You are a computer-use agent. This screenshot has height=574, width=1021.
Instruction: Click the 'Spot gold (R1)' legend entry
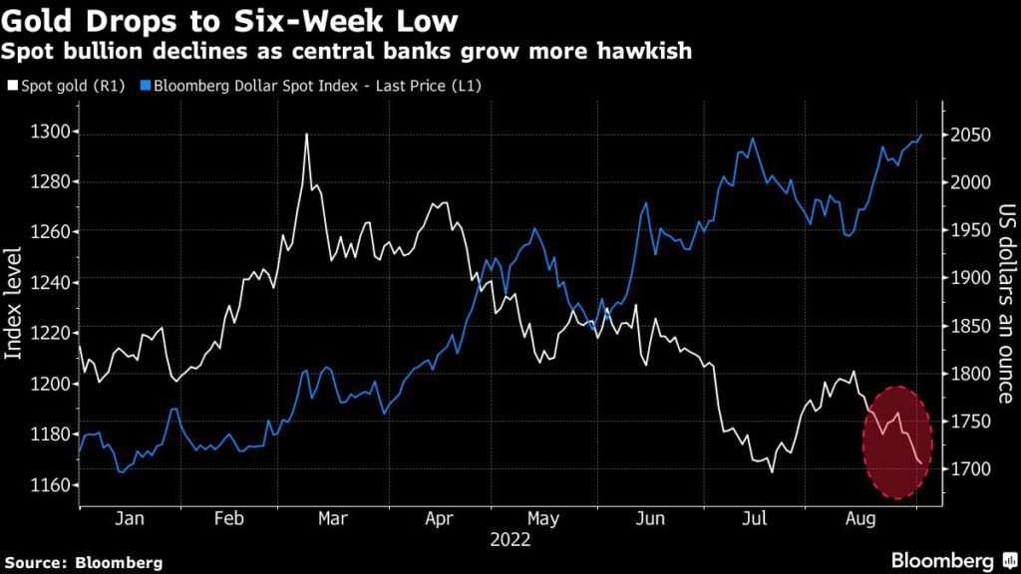tap(66, 87)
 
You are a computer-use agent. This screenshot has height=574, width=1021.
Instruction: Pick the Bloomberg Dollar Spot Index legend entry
tap(312, 87)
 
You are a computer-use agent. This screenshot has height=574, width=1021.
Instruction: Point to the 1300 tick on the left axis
tap(50, 133)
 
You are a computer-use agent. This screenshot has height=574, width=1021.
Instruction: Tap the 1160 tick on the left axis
tap(50, 485)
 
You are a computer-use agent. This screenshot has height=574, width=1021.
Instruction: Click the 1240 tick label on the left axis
tap(50, 283)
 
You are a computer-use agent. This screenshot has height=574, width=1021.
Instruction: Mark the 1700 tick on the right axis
tap(969, 469)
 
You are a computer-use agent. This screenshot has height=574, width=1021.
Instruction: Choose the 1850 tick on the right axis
tap(969, 327)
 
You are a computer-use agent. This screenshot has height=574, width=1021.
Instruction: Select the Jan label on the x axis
tap(131, 519)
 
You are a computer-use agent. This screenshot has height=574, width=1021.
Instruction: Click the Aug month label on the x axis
tap(860, 519)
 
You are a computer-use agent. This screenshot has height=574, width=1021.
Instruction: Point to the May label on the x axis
tap(542, 519)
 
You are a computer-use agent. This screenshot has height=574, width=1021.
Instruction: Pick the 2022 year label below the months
tap(510, 541)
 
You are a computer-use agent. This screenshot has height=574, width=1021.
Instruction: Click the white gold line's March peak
tap(306, 134)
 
